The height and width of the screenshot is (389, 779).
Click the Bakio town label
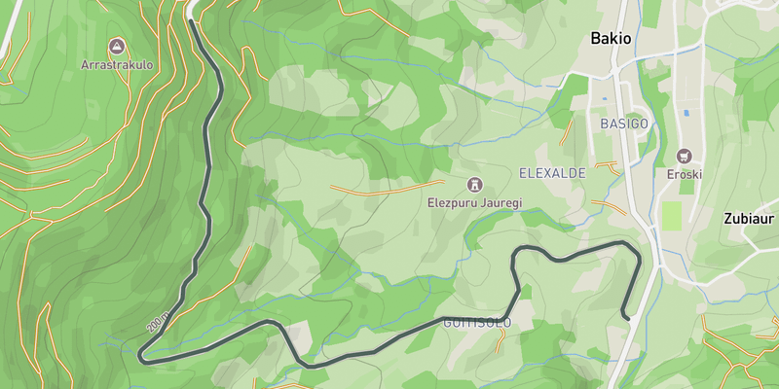point(612,39)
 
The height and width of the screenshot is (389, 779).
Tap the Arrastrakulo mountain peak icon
point(117,46)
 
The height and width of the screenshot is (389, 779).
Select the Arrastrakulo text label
point(117,65)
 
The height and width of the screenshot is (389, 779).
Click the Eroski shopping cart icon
point(684,156)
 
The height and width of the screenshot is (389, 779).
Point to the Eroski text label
point(684,175)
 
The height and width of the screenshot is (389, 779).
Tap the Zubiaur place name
point(750,219)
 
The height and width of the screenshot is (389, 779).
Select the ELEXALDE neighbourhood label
point(552,172)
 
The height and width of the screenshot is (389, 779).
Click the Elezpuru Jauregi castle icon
point(475,184)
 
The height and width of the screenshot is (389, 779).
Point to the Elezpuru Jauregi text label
point(475,203)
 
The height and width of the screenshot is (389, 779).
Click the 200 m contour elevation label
point(159,322)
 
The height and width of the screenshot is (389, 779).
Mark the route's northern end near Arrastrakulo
point(190,19)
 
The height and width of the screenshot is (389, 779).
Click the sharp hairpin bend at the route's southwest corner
point(143,358)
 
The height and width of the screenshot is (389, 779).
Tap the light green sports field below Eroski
point(671,216)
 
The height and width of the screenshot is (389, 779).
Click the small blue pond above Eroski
point(687,114)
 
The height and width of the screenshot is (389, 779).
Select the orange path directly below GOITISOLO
point(501,339)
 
